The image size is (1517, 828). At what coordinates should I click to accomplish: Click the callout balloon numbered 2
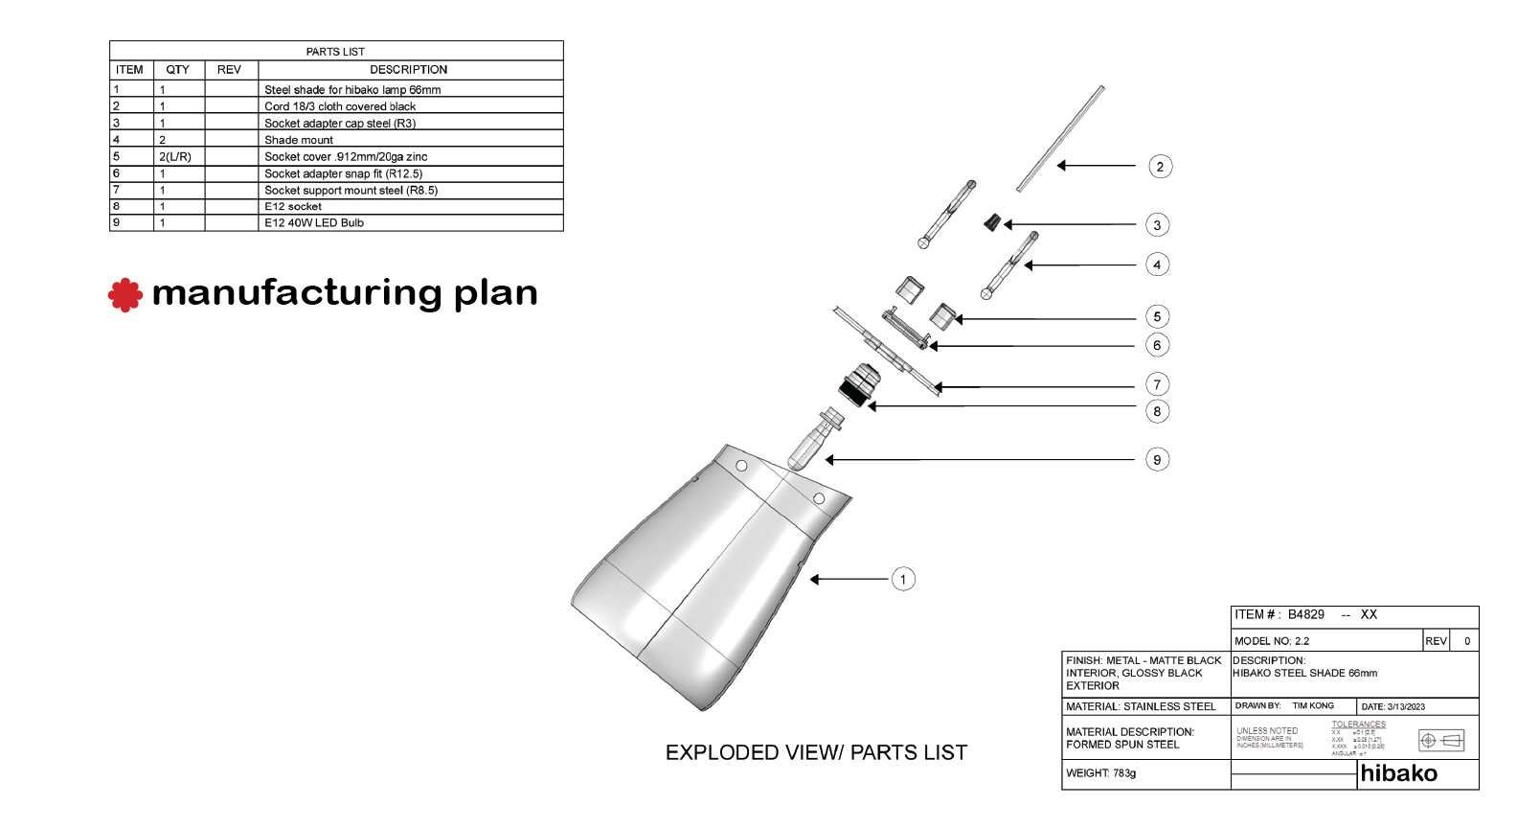(1160, 167)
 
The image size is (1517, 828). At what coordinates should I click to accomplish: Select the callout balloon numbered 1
(903, 579)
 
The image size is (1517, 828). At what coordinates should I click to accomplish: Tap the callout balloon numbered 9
(1157, 460)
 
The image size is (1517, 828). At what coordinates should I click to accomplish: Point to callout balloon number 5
(1157, 317)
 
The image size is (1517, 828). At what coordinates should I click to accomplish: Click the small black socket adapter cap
(993, 223)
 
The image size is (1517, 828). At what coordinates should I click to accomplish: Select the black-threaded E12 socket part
(859, 384)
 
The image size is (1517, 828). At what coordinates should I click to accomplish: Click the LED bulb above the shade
(815, 440)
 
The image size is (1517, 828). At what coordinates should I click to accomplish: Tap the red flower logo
(125, 295)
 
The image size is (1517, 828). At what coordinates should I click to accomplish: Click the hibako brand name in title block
(1398, 773)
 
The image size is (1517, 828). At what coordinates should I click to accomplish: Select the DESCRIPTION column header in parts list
(409, 70)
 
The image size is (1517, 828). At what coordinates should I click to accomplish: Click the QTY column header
(177, 70)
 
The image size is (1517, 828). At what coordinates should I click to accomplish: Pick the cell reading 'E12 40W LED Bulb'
(314, 223)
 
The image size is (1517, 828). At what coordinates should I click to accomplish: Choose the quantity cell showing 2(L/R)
(175, 157)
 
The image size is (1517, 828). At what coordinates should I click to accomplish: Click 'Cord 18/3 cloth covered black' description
(340, 106)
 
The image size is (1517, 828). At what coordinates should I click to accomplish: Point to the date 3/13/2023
(1405, 707)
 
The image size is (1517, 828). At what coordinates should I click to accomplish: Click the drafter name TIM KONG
(1313, 706)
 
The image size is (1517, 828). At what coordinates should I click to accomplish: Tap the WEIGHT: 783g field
(1101, 773)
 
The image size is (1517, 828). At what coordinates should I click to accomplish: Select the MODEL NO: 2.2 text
(1272, 641)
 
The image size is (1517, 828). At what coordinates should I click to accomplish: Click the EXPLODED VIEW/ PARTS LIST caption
(816, 753)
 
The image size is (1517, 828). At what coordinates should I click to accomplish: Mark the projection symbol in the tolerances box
(1441, 741)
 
